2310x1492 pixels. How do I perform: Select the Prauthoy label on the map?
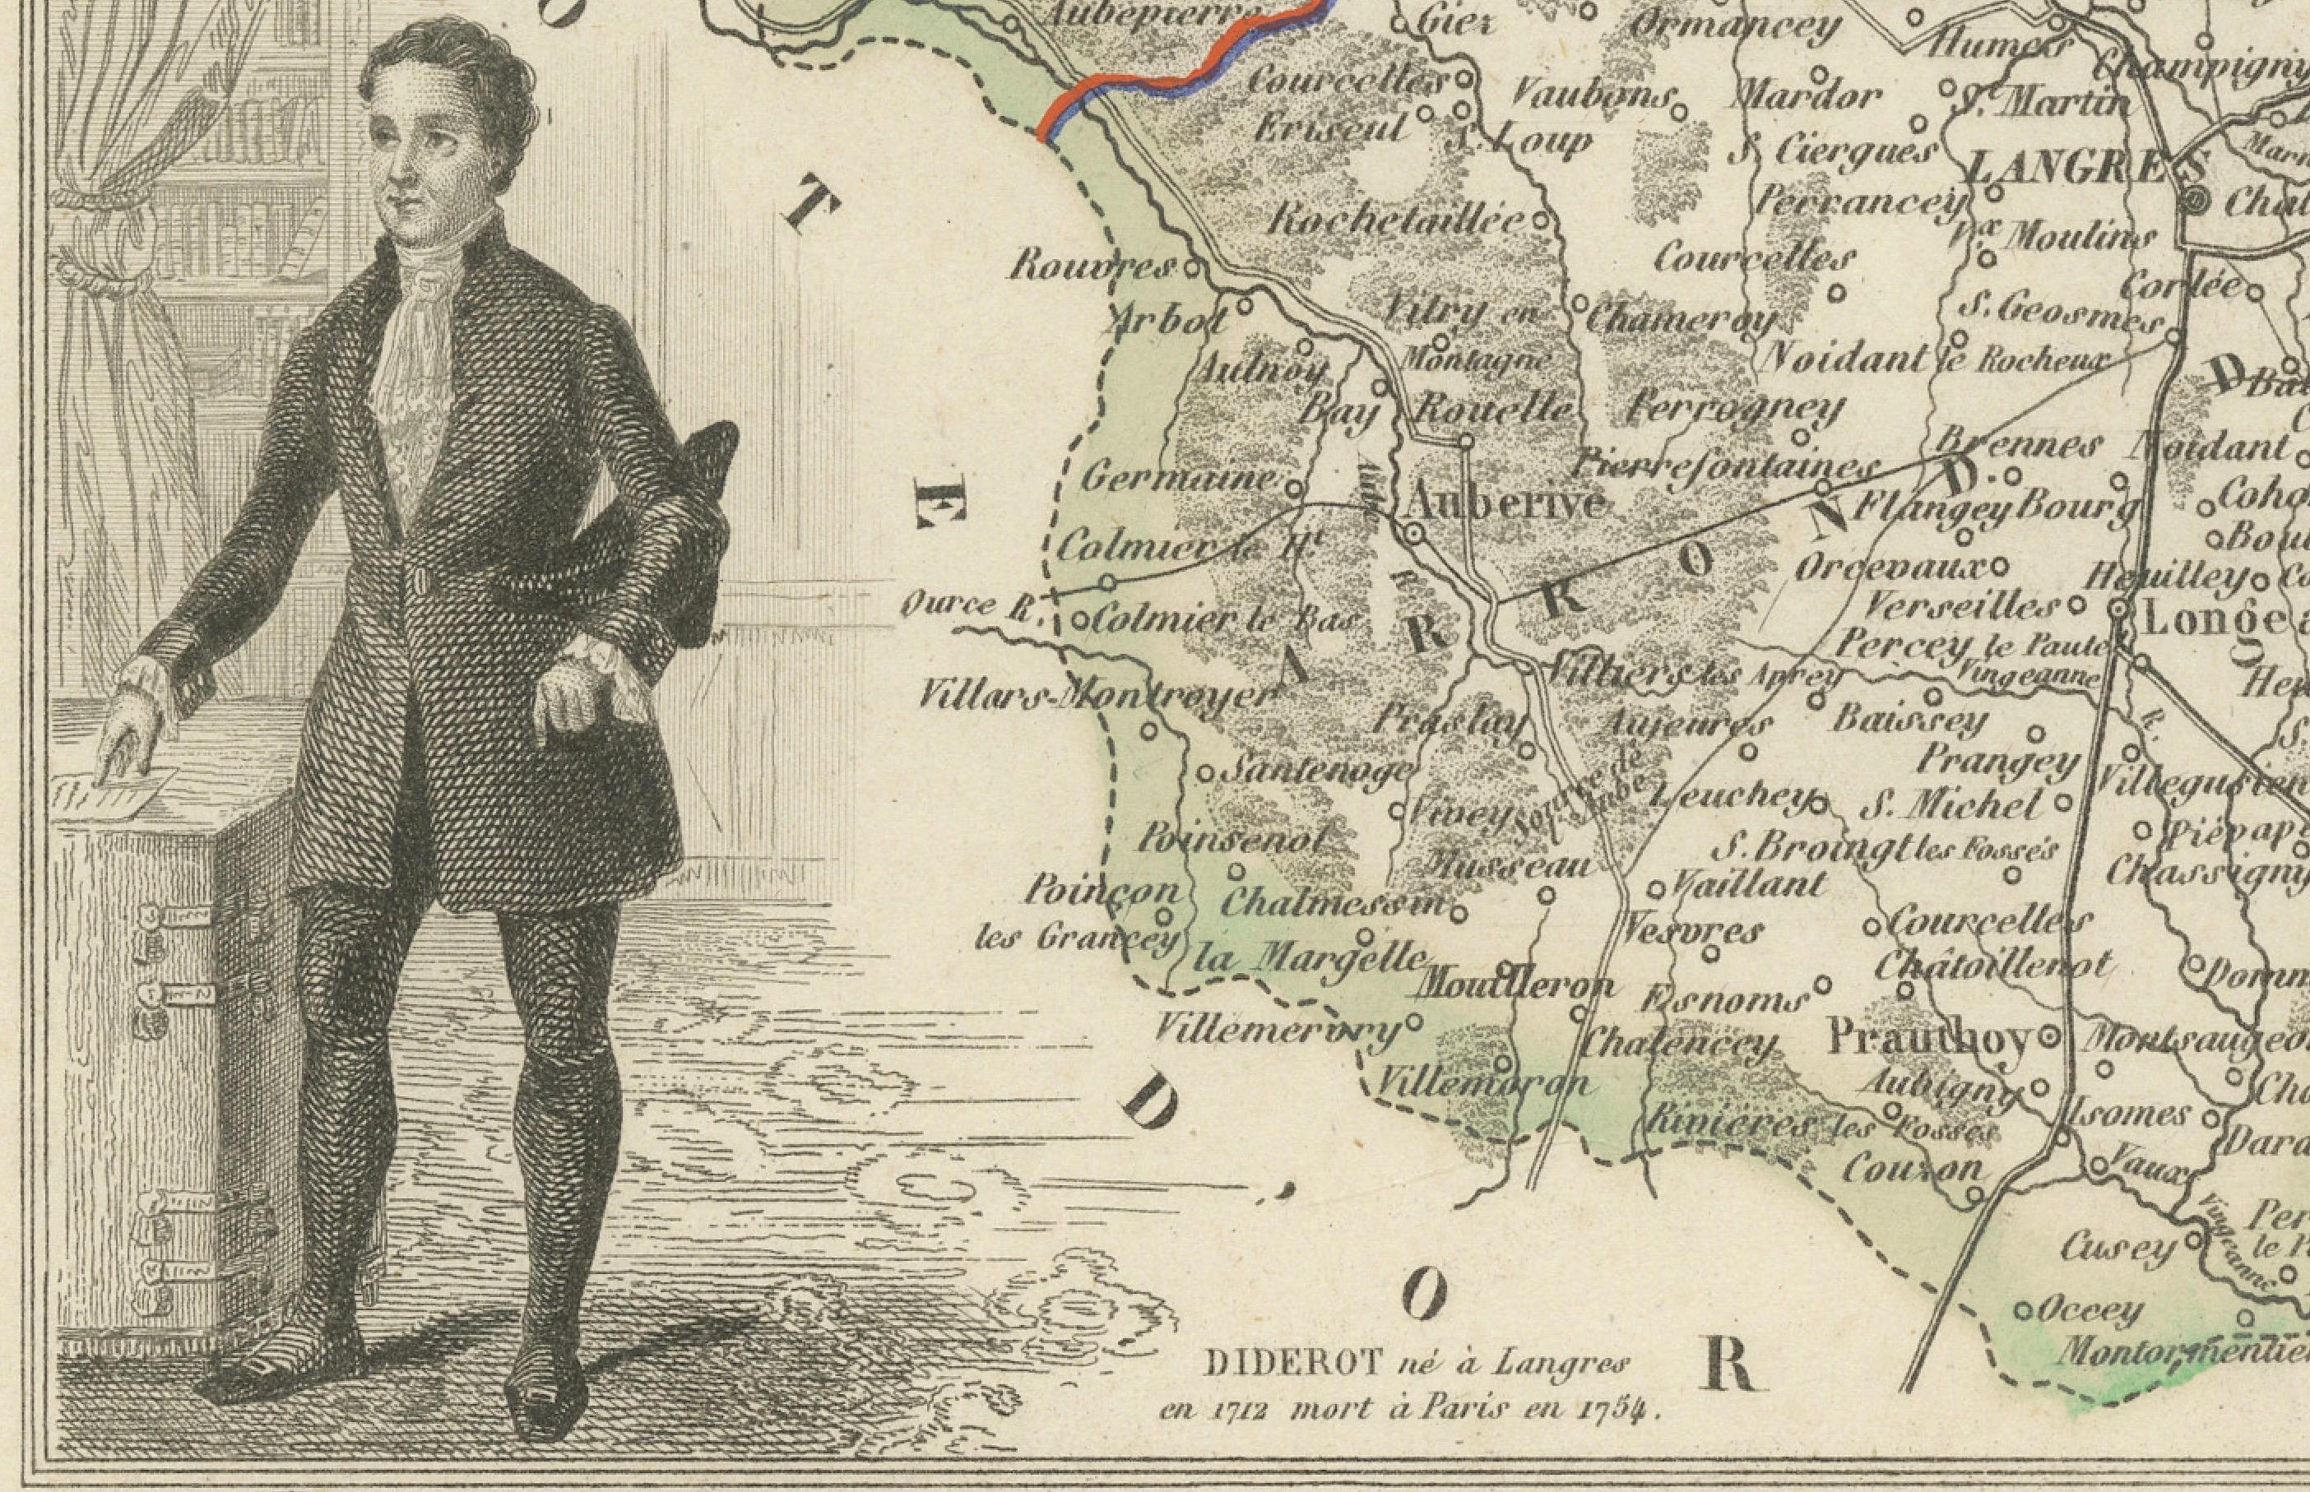1928,1039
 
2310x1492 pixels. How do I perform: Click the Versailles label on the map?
1962,608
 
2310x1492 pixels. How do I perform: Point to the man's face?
426,155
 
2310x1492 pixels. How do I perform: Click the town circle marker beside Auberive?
1413,532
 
